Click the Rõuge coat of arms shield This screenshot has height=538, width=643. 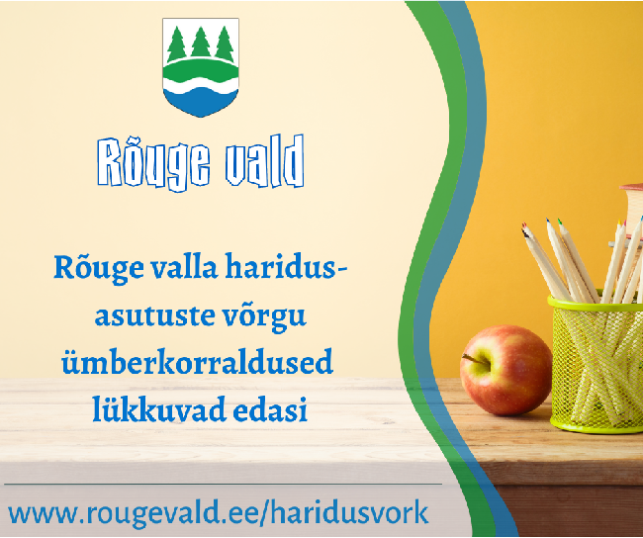click(201, 67)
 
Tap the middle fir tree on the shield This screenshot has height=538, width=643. click(201, 43)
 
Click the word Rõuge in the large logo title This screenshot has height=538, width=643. click(153, 162)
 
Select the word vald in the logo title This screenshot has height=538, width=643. click(264, 161)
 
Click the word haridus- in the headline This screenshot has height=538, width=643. click(286, 267)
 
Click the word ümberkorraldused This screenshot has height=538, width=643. click(197, 362)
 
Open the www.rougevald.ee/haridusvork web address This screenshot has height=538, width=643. click(219, 513)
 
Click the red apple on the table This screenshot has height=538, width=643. click(505, 370)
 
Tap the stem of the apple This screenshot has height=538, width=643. click(476, 360)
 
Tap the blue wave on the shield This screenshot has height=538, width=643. click(201, 101)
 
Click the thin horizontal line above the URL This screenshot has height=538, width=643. click(224, 485)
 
